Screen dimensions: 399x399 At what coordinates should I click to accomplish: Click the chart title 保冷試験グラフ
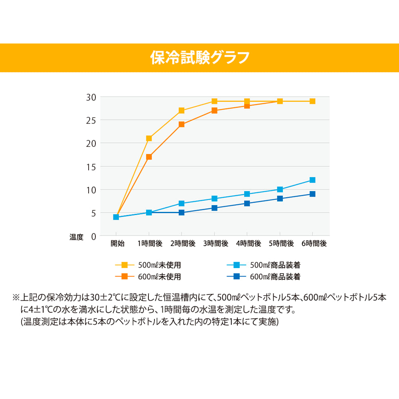click(x=199, y=57)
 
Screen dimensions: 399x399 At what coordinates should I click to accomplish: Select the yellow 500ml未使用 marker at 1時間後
click(x=149, y=138)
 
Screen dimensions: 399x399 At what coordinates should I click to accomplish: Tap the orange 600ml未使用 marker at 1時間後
click(x=149, y=157)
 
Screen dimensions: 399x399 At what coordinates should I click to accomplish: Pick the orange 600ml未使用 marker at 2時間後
click(x=182, y=124)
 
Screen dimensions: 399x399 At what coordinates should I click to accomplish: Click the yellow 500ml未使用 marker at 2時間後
click(x=182, y=111)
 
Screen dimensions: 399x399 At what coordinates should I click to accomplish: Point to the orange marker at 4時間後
click(x=247, y=106)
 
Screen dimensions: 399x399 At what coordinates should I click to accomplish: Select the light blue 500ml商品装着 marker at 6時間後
click(x=312, y=180)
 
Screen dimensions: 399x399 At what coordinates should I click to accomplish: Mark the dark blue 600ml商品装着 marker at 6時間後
click(x=312, y=194)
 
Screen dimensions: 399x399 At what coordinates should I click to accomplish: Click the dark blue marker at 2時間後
click(x=182, y=213)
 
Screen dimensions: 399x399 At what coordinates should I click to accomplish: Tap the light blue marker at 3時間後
click(x=214, y=199)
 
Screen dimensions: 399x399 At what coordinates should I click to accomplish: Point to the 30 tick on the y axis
click(x=91, y=97)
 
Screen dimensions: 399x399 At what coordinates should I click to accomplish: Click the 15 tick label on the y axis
click(x=91, y=167)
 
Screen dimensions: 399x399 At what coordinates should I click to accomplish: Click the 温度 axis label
click(x=76, y=237)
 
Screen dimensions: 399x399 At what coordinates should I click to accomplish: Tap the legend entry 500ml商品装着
click(x=275, y=265)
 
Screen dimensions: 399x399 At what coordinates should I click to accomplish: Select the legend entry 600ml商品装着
click(x=275, y=276)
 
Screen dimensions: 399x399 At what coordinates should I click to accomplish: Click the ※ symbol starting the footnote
click(x=16, y=298)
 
